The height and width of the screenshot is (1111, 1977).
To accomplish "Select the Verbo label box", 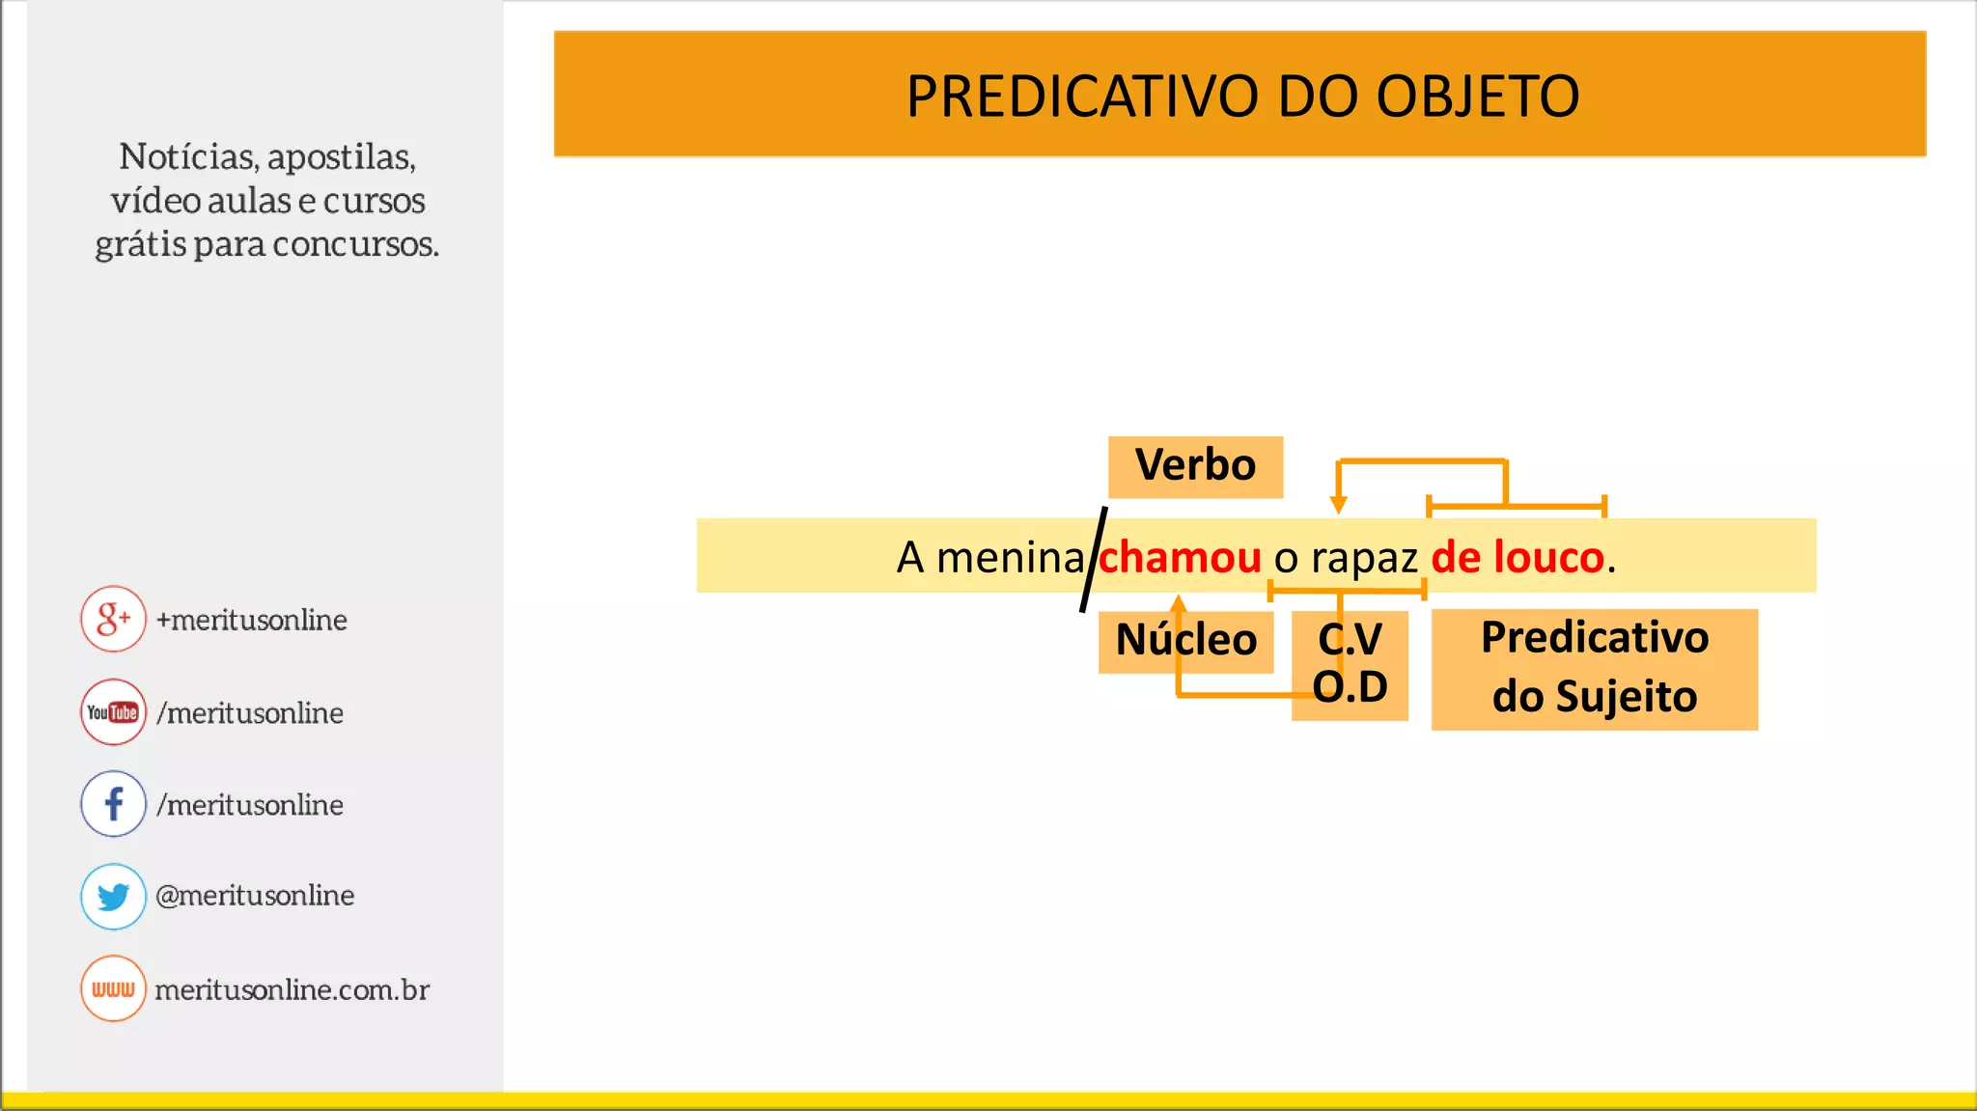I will [x=1195, y=466].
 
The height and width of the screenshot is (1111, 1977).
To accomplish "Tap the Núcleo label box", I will [x=1185, y=641].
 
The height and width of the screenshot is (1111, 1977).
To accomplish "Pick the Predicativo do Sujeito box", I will [x=1594, y=668].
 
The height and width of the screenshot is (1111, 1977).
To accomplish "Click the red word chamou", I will [x=1180, y=558].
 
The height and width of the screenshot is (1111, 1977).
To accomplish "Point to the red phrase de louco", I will [x=1517, y=558].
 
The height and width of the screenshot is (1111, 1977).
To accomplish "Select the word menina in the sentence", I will [x=1010, y=558].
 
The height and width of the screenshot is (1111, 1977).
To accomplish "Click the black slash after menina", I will [x=1093, y=560].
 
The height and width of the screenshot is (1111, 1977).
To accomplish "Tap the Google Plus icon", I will [x=113, y=619].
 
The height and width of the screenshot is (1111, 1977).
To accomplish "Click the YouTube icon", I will [x=113, y=712].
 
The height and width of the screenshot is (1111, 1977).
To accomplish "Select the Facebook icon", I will [x=113, y=803].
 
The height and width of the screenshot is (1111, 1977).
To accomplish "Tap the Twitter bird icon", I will [x=113, y=896].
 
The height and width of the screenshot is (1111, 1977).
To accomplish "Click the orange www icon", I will [x=113, y=988].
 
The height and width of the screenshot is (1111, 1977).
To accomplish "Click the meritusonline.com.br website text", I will [x=292, y=990].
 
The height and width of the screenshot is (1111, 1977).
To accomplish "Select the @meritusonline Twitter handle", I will [x=255, y=896].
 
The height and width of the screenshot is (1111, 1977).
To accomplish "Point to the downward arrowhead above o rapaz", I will [x=1338, y=505].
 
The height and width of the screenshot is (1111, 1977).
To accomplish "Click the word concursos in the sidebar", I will [x=355, y=244].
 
